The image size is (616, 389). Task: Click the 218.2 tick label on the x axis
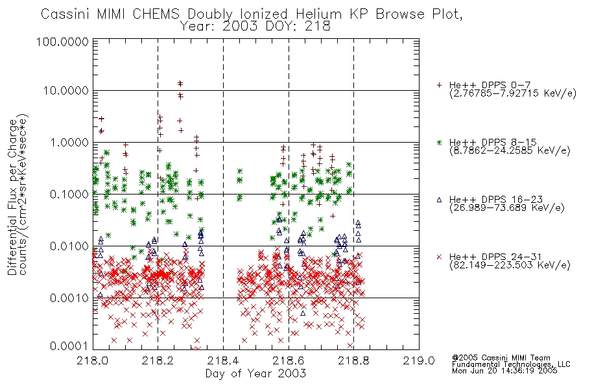point(158,360)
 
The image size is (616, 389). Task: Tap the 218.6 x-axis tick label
point(289,360)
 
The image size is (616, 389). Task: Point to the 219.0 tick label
point(419,360)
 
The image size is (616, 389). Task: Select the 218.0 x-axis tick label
point(93,360)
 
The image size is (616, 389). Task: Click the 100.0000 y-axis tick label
point(62,41)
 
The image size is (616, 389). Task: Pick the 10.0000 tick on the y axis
point(66,91)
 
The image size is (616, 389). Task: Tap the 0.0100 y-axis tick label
point(69,246)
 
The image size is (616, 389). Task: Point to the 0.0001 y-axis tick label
point(69,346)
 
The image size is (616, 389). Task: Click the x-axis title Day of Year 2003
point(255,373)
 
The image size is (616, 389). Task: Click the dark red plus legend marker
point(439,85)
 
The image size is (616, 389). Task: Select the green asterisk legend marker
point(439,142)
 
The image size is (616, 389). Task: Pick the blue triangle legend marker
point(439,200)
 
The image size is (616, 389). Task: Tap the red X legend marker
point(439,257)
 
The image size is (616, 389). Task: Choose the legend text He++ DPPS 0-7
point(490,85)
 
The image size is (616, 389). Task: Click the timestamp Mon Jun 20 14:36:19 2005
point(504,371)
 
